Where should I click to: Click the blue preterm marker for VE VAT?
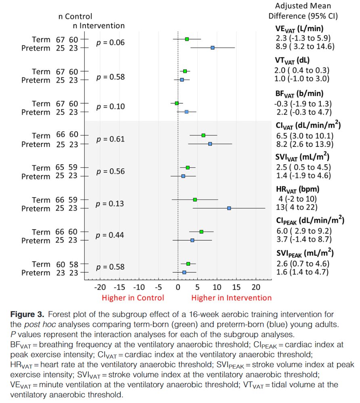click(x=212, y=48)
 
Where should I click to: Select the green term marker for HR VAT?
click(x=195, y=200)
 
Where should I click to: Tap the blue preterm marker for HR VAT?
click(x=229, y=208)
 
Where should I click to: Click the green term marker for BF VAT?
click(x=177, y=103)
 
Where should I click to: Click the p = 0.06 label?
click(x=111, y=43)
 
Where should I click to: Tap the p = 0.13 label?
click(x=111, y=204)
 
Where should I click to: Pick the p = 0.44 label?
click(x=111, y=236)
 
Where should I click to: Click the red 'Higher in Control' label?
click(x=133, y=298)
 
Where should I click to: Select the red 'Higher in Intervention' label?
click(x=231, y=298)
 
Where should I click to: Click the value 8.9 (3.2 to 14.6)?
click(x=300, y=46)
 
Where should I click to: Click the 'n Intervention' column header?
click(x=98, y=26)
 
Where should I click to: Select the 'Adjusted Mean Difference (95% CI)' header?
click(x=303, y=11)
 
